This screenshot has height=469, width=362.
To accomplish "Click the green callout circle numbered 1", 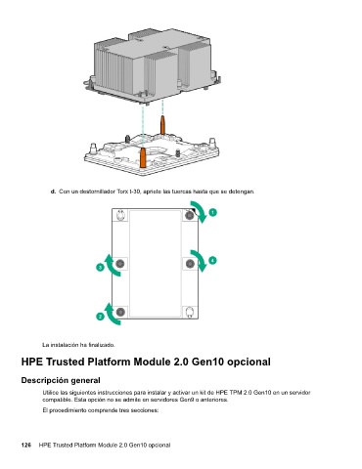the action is tap(212, 212).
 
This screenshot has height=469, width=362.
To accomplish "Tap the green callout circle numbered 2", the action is tap(100, 317).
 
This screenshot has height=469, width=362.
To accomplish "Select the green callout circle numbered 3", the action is tap(100, 268).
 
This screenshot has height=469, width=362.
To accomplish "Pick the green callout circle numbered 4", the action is tap(212, 260).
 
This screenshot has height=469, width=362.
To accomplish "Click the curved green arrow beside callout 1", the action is tap(203, 211).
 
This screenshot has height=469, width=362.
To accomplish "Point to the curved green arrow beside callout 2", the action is tap(111, 316).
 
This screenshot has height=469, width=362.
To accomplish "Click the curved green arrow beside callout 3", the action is tap(111, 267).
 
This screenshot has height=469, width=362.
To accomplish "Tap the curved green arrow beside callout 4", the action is tap(203, 260).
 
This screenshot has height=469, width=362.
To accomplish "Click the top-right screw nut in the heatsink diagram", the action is tap(190, 215).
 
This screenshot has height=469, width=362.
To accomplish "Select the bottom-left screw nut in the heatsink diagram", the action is tap(120, 312).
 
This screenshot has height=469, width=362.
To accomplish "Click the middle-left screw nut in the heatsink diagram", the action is tap(120, 264).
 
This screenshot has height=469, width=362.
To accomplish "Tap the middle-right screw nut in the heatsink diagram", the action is tap(190, 264).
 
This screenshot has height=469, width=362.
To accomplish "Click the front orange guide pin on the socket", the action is tap(143, 157).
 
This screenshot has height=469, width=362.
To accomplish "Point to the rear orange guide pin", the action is tap(162, 125).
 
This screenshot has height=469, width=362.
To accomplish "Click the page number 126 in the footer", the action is tap(26, 445).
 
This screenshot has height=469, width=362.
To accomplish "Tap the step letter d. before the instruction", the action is tap(53, 192).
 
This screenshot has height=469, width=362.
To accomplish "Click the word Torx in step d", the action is tap(121, 192).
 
